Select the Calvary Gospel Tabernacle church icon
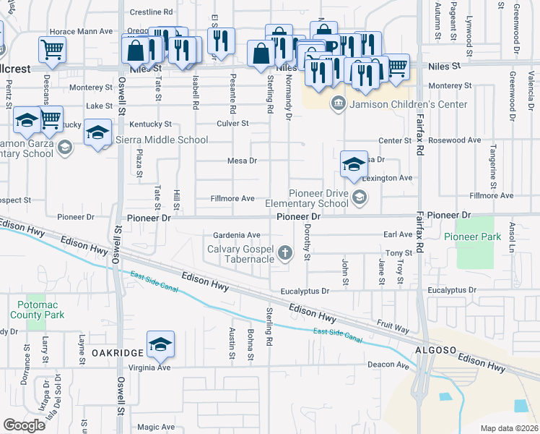[x=286, y=252]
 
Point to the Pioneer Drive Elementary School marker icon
[x=359, y=196]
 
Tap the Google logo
[x=24, y=425]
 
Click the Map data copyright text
[x=508, y=428]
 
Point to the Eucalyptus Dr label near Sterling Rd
[x=306, y=291]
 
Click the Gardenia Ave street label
[x=236, y=235]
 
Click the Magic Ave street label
[x=157, y=427]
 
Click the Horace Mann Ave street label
[x=81, y=32]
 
